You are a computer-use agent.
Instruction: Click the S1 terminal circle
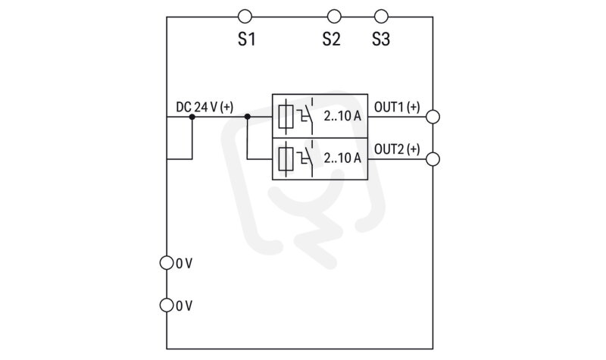(x=245, y=17)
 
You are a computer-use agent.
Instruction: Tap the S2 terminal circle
(x=334, y=17)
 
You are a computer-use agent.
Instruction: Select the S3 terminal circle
(x=381, y=17)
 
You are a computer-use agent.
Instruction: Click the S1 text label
(x=247, y=39)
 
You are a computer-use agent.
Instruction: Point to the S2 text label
(x=332, y=39)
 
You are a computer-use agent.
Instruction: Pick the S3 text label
(x=381, y=39)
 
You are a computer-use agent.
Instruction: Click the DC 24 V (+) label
(x=205, y=107)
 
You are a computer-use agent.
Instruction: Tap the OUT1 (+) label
(x=397, y=107)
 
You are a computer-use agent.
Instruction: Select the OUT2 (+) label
(x=397, y=149)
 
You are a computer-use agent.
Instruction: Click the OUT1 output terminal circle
(x=433, y=117)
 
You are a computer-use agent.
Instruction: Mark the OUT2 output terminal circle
(x=433, y=159)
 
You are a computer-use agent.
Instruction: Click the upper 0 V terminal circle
(x=167, y=263)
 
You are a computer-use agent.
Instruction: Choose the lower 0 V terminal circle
(x=167, y=305)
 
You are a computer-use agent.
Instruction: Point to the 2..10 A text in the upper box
(x=342, y=116)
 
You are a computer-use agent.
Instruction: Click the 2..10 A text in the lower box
(x=342, y=158)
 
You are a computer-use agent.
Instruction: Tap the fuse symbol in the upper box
(x=286, y=117)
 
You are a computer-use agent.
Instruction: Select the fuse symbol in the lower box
(x=286, y=158)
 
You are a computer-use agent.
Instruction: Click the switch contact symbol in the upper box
(x=305, y=117)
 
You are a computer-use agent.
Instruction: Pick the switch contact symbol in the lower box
(x=305, y=158)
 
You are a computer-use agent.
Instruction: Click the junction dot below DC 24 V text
(x=192, y=117)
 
